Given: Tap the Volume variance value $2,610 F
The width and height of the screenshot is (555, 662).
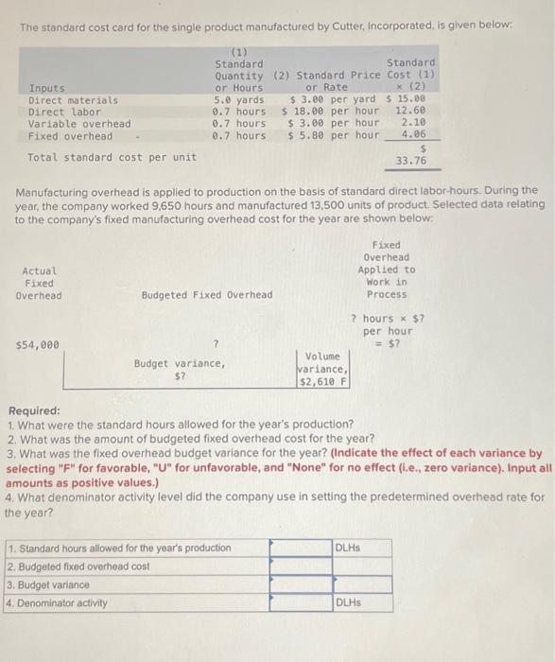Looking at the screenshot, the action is (323, 381).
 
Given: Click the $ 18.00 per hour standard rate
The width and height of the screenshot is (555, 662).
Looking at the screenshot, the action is (330, 111).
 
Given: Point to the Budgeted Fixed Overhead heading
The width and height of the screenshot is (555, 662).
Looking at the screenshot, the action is (207, 294).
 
